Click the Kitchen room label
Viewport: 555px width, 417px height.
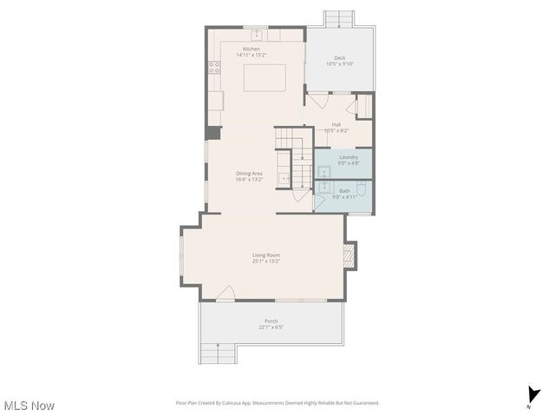click(251, 49)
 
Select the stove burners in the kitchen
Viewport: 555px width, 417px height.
click(213, 67)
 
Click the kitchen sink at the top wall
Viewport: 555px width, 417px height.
click(255, 35)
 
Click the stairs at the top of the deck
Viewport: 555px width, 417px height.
click(339, 18)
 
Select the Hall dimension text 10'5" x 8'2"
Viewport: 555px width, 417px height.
click(336, 130)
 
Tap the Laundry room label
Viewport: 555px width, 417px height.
click(348, 157)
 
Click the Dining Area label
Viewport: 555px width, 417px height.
click(250, 173)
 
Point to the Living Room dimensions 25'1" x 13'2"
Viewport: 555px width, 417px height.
click(266, 261)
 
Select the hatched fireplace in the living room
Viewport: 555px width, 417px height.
click(349, 254)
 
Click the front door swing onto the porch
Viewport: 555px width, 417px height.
click(225, 295)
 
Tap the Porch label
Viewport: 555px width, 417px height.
click(271, 321)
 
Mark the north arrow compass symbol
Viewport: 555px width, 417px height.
click(531, 396)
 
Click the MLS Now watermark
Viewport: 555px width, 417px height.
click(29, 406)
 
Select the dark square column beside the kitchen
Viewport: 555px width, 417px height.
click(212, 133)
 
